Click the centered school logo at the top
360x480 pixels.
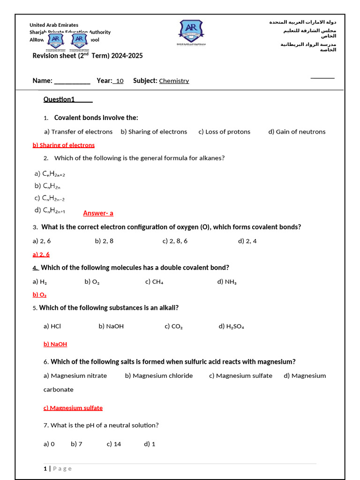click(190, 31)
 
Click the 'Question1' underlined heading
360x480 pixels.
click(67, 99)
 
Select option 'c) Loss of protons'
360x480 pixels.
click(224, 132)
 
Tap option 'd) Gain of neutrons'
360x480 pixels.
click(297, 132)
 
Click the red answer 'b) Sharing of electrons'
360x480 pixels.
click(63, 145)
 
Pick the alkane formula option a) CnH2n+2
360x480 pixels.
click(50, 174)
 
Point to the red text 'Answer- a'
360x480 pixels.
click(98, 213)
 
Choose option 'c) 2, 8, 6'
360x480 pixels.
click(175, 241)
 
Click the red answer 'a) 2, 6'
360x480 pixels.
click(41, 255)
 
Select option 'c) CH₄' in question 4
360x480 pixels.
click(154, 282)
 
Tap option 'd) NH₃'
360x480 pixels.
click(227, 282)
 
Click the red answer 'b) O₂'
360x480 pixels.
click(39, 295)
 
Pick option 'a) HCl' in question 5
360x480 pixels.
click(52, 326)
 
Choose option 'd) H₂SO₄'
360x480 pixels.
click(231, 326)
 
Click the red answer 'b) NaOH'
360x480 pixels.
click(55, 344)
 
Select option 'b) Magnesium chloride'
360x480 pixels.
click(159, 375)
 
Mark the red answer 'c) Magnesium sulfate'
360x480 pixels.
click(73, 408)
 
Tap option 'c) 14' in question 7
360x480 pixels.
click(114, 444)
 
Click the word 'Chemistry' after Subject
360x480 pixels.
click(174, 81)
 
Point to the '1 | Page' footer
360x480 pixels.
click(58, 469)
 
